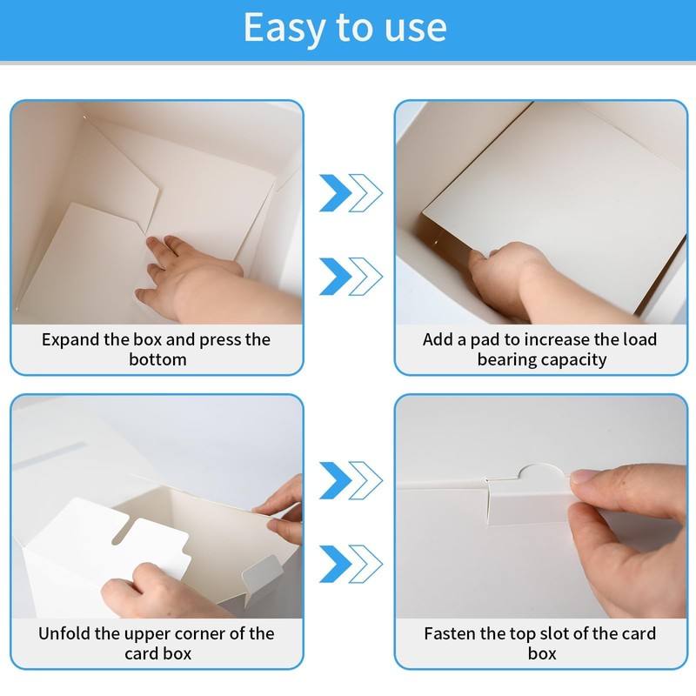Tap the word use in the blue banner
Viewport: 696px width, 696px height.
tap(415, 29)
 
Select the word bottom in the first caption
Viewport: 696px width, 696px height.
tap(157, 359)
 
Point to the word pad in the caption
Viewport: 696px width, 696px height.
tap(487, 340)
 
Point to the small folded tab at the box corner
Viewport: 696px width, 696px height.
tap(263, 575)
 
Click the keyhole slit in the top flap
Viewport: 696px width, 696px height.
tap(121, 531)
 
